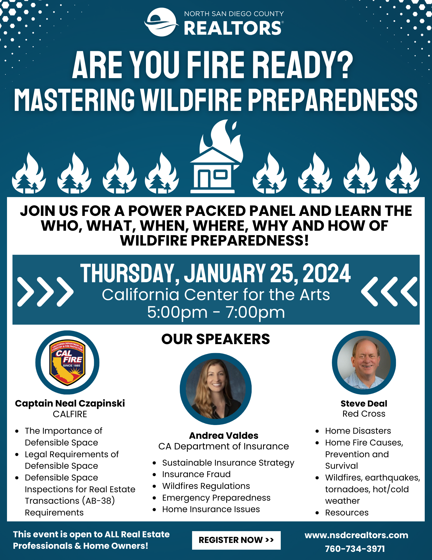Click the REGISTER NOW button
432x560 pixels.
point(236,540)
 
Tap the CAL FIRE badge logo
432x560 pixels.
point(67,362)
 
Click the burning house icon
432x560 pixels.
point(216,157)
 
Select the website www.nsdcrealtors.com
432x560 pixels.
point(356,535)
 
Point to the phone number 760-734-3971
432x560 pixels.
point(355,549)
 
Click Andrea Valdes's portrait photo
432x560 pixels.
point(216,389)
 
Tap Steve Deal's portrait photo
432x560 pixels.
point(364,362)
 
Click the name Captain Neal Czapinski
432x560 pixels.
point(70,403)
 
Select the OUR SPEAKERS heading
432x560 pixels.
point(216,339)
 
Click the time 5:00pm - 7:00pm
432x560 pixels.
point(216,312)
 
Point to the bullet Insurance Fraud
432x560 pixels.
point(196,474)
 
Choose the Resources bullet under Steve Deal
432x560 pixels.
point(347,512)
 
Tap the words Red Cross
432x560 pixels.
point(364,414)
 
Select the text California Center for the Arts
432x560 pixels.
point(216,295)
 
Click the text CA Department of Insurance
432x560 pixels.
point(223,446)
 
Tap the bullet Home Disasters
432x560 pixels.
point(358,431)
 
